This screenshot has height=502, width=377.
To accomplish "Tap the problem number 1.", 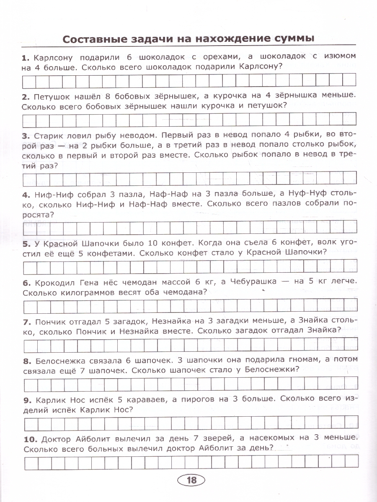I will (25, 56).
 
